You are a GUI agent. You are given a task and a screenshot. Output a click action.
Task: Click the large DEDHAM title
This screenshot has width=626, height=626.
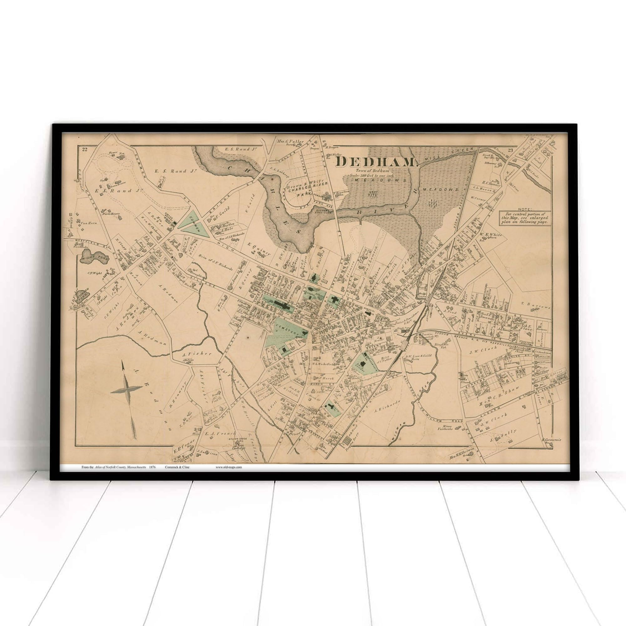click(x=377, y=162)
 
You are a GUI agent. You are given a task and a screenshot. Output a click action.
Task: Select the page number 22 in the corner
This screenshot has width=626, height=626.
click(x=85, y=149)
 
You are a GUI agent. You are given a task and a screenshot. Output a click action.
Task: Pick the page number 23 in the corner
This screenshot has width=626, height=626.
click(x=511, y=150)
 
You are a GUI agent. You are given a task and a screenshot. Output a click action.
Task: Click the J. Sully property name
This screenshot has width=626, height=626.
click(x=503, y=431)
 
